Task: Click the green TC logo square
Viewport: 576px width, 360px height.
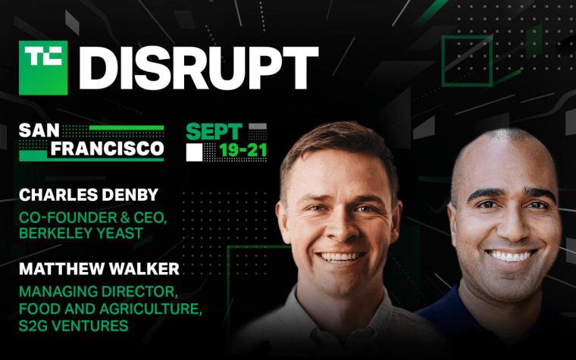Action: click(x=43, y=67)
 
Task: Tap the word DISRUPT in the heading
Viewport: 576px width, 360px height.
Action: click(x=199, y=68)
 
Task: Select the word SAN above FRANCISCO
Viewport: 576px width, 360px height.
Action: click(x=39, y=131)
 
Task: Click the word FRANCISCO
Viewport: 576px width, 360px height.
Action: click(x=108, y=149)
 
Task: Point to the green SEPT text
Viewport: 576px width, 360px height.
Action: click(x=214, y=132)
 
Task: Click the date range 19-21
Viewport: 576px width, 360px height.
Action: click(x=243, y=151)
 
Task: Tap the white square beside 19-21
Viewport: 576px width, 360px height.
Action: click(x=194, y=152)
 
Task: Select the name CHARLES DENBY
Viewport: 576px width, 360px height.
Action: click(x=89, y=195)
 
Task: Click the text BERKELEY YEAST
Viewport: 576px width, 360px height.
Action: click(x=81, y=233)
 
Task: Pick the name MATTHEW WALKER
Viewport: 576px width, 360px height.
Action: click(x=99, y=269)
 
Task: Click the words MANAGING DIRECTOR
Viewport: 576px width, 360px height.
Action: click(x=98, y=292)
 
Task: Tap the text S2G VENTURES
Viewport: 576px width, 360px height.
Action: click(x=74, y=326)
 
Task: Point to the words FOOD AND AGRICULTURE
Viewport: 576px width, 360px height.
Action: click(x=110, y=309)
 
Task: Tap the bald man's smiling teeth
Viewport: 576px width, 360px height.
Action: click(x=511, y=255)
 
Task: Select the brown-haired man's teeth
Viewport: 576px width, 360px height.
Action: click(x=340, y=256)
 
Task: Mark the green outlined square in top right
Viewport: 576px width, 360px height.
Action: click(x=467, y=61)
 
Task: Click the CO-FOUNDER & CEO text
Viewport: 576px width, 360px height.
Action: click(x=93, y=218)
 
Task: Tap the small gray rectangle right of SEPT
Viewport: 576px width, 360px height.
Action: click(x=258, y=127)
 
